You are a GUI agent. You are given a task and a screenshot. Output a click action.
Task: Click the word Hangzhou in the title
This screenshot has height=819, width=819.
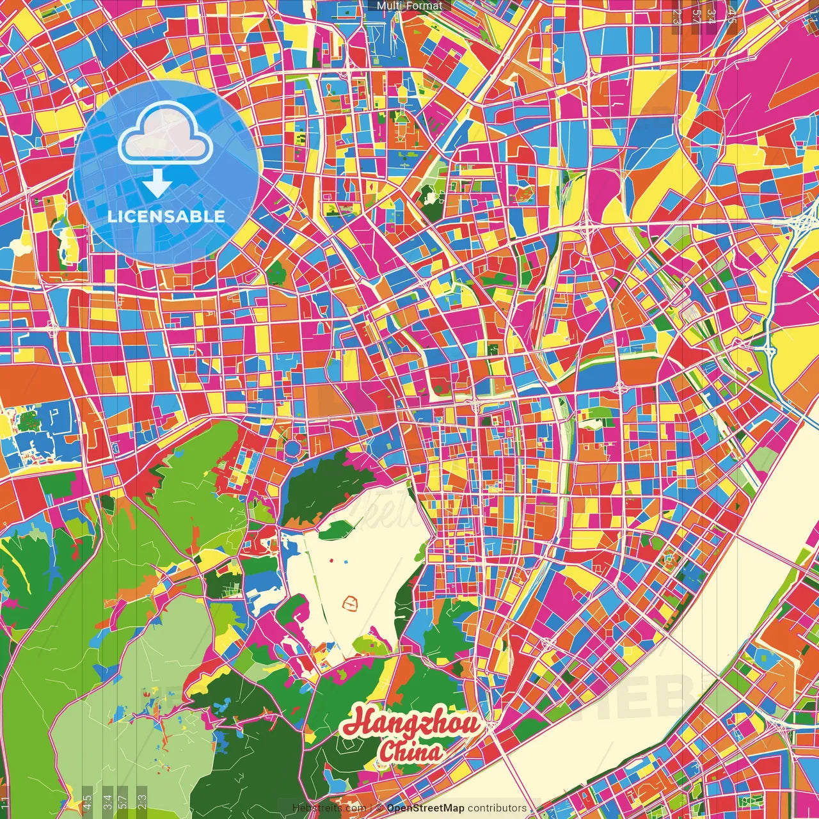click(411, 723)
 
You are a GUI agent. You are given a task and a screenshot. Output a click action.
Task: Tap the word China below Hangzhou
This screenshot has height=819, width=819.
click(410, 752)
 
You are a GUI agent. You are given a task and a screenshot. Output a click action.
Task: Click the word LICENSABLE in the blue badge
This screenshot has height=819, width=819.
click(166, 216)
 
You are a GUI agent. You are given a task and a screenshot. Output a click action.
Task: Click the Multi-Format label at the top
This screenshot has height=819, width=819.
click(409, 6)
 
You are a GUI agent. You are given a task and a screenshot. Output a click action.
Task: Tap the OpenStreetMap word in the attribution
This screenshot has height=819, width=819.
click(425, 808)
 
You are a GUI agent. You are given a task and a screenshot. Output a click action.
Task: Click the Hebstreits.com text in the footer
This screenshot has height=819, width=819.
click(329, 808)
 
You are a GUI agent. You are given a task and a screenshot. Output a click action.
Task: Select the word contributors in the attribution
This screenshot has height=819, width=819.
click(497, 808)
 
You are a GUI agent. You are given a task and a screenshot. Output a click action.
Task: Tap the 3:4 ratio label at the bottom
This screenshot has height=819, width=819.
click(107, 800)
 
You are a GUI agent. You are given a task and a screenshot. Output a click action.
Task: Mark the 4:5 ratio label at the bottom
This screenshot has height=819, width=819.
click(88, 800)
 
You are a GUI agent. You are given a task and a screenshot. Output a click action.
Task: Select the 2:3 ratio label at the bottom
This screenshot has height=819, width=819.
click(141, 800)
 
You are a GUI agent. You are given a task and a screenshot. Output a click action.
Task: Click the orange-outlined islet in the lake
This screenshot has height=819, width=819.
click(350, 601)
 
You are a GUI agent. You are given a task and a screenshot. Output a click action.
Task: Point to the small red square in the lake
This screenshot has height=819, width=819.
click(333, 561)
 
